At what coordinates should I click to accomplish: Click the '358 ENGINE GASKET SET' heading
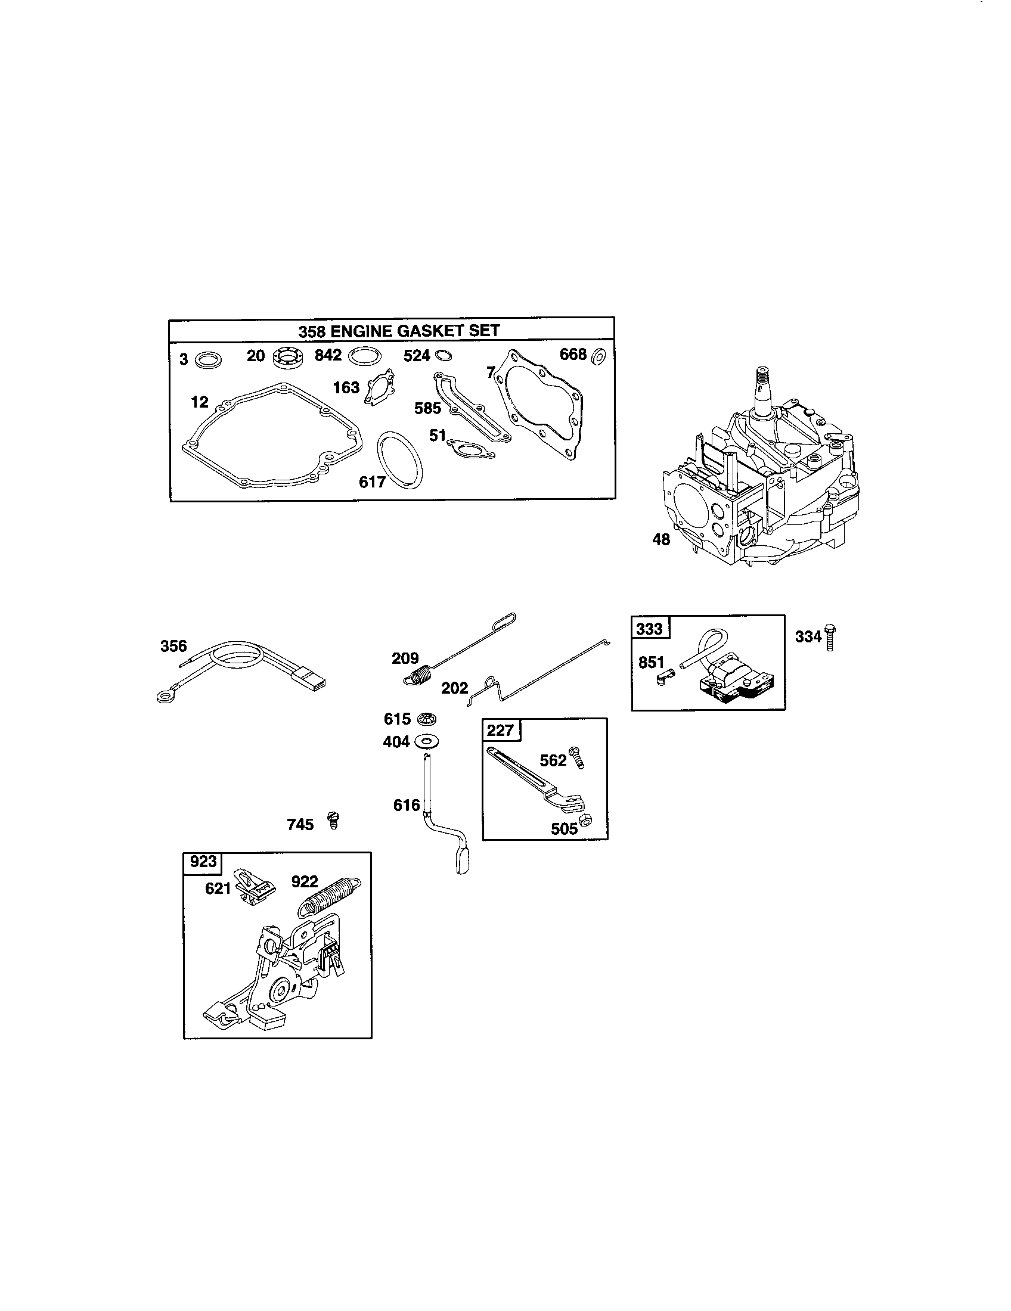coord(399,330)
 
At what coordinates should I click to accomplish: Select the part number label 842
coord(328,355)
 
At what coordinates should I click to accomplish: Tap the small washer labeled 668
coord(598,356)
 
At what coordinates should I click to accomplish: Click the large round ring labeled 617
coord(399,459)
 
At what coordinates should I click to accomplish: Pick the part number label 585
coord(427,408)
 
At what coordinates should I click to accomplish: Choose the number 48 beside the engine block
coord(661,540)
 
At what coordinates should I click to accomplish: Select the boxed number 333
coord(650,629)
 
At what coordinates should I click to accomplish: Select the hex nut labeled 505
coord(588,820)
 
